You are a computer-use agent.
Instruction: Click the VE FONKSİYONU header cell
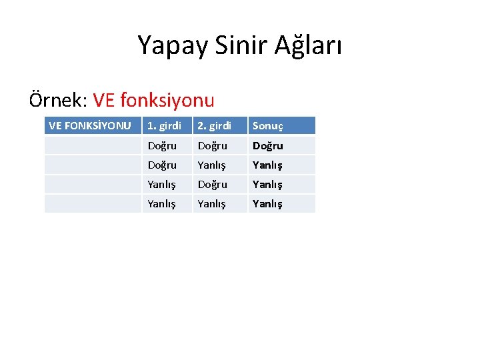90,125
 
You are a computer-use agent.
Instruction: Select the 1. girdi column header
164,125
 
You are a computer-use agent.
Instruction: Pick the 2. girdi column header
214,125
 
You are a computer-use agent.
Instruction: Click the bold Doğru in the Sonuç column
267,145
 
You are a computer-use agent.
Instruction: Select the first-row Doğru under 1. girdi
162,145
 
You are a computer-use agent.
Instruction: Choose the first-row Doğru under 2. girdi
212,145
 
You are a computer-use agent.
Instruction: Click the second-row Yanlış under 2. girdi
212,165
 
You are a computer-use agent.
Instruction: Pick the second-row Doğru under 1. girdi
162,165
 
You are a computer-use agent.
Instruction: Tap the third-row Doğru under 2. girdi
212,184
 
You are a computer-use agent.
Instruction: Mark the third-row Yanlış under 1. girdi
162,184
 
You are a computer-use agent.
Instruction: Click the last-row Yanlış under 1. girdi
162,203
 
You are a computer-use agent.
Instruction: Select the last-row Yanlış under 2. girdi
212,203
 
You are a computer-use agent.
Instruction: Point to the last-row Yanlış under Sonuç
267,203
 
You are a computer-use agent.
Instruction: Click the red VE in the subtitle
105,101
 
